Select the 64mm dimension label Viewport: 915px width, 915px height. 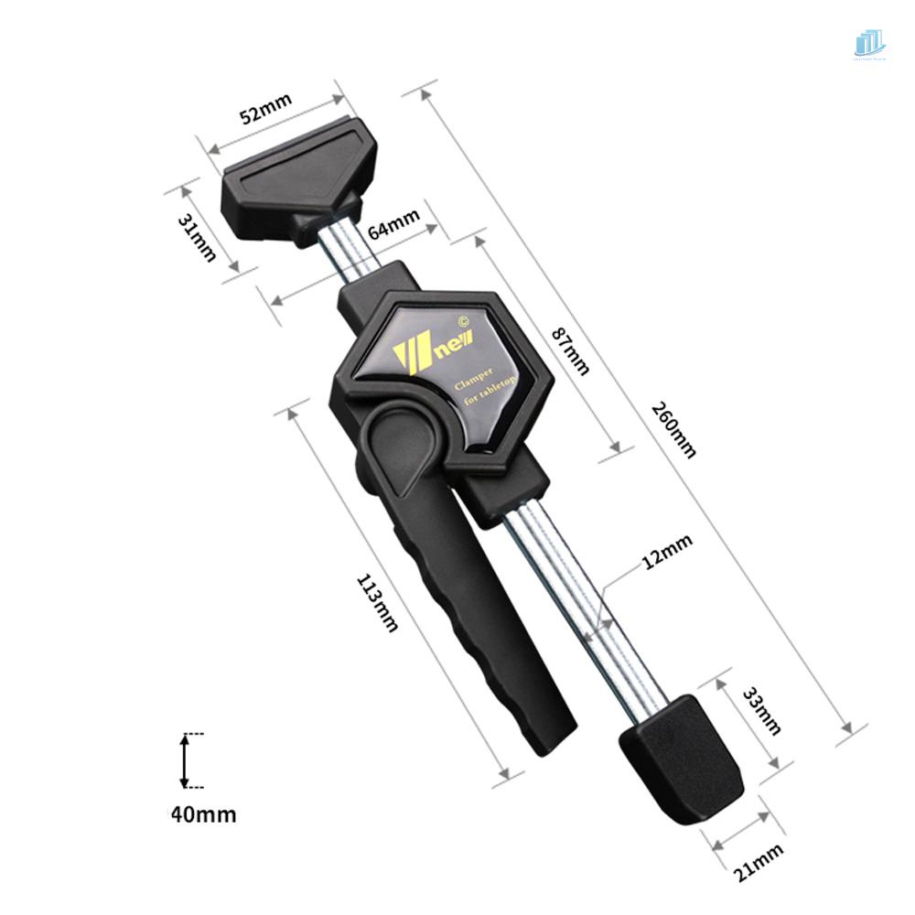pos(394,225)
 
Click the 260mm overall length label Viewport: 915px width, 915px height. pos(674,428)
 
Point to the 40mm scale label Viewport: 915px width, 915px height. pos(203,813)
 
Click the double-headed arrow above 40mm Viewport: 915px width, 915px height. pos(184,760)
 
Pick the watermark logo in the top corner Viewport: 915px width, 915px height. pos(869,44)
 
